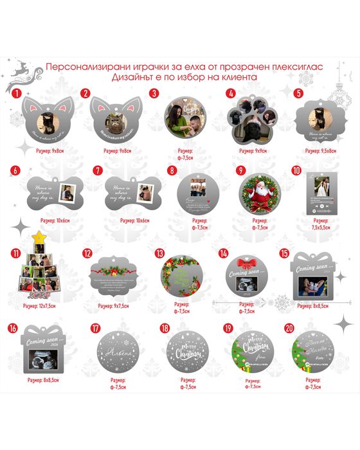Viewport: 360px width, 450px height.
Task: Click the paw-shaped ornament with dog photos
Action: pos(254,121)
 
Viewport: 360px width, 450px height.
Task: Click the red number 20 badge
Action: pos(296,328)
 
